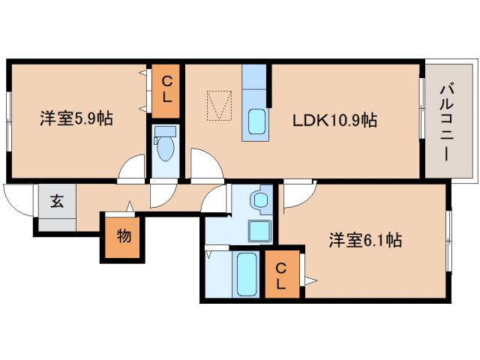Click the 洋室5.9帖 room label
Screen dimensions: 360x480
[x=76, y=118]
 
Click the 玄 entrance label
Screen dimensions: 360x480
[x=57, y=200]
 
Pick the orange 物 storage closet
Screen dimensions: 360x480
[x=123, y=237]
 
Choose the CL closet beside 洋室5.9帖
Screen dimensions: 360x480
[x=167, y=90]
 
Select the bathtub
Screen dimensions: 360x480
[x=247, y=274]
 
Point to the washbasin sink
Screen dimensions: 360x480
[x=260, y=201]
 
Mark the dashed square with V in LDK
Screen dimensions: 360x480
[x=220, y=106]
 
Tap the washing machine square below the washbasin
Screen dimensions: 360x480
[x=260, y=229]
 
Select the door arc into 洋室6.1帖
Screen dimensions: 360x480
[x=297, y=195]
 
